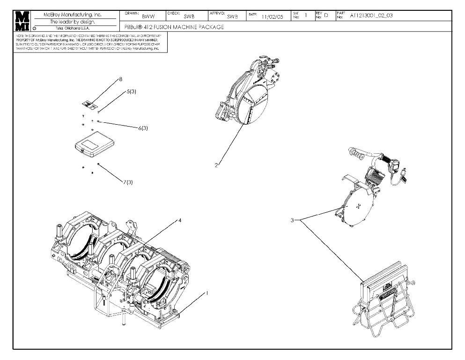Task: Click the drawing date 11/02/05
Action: pos(272,16)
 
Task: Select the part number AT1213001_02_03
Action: pos(371,15)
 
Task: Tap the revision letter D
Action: pos(326,15)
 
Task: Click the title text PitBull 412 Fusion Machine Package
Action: pos(174,27)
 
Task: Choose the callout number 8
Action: pos(120,80)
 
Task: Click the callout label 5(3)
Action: pos(131,92)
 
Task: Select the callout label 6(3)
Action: pos(143,128)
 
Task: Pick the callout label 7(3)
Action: pos(128,182)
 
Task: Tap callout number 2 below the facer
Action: pos(216,165)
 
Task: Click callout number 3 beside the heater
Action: pos(292,220)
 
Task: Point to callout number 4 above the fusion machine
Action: pos(180,220)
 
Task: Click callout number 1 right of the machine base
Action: pos(207,292)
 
